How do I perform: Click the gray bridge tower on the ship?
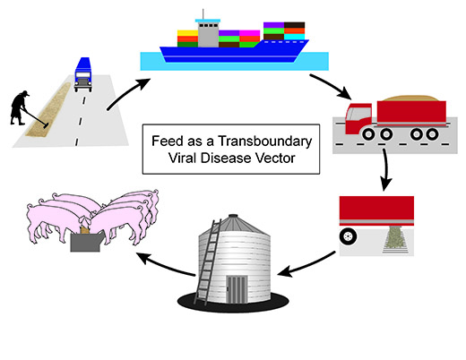208,35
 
